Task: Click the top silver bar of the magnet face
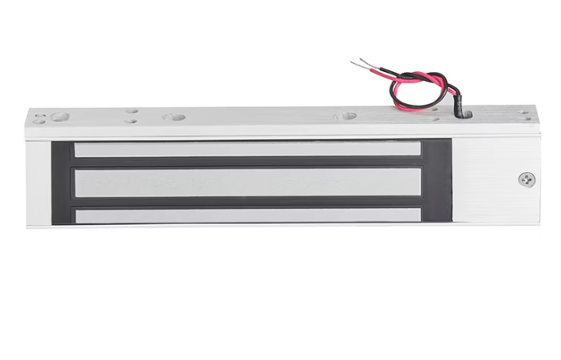tap(248, 149)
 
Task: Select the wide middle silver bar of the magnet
tap(248, 182)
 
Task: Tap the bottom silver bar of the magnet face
tap(248, 215)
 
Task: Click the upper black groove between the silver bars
tap(248, 162)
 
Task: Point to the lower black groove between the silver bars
tap(248, 202)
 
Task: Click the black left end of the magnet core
tap(63, 182)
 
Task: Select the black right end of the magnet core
tap(437, 182)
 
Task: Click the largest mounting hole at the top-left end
tap(59, 116)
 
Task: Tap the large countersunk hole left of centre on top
tap(173, 117)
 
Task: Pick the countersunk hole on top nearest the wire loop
tap(347, 116)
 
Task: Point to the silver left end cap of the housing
tap(37, 182)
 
